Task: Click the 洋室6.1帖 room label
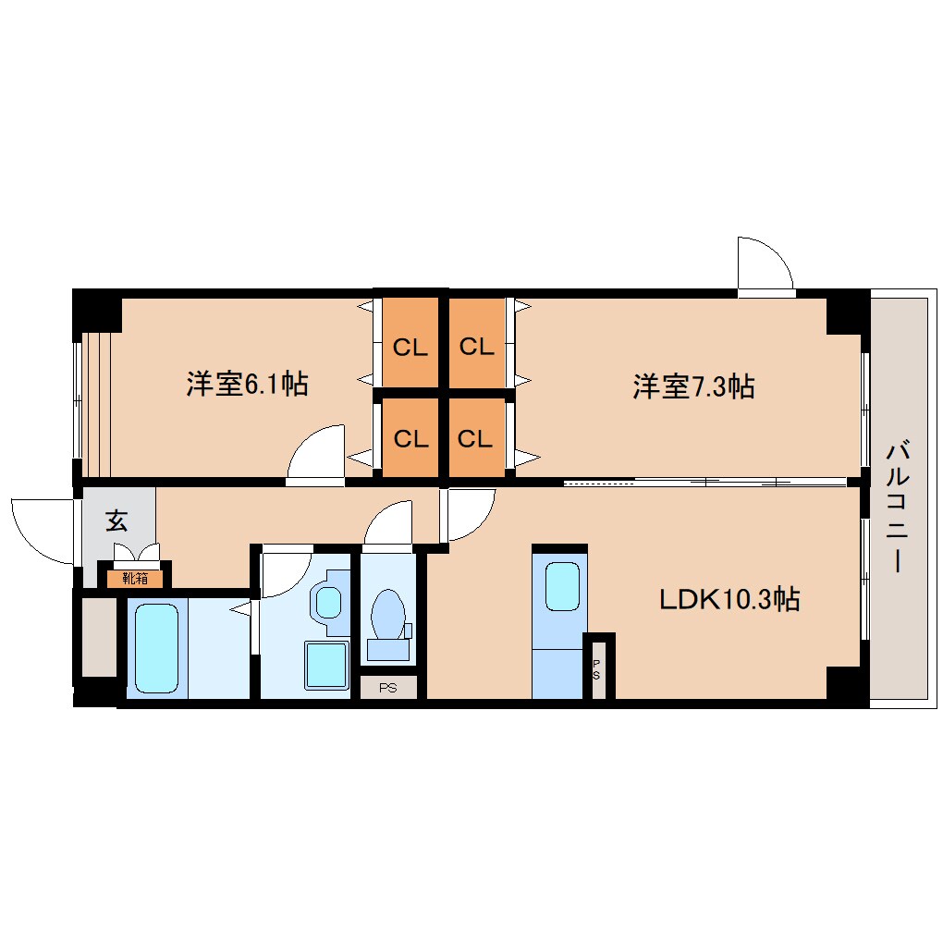(247, 384)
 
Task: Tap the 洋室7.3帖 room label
(693, 386)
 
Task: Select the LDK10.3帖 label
(729, 599)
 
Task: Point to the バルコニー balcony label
(898, 507)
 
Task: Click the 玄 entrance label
(116, 520)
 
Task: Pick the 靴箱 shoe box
(135, 579)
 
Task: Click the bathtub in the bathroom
(156, 648)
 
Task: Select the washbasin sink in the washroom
(328, 603)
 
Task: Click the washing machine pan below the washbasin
(326, 666)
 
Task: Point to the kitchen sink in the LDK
(562, 586)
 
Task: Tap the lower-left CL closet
(410, 437)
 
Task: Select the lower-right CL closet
(477, 437)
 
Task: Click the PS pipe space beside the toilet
(388, 688)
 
